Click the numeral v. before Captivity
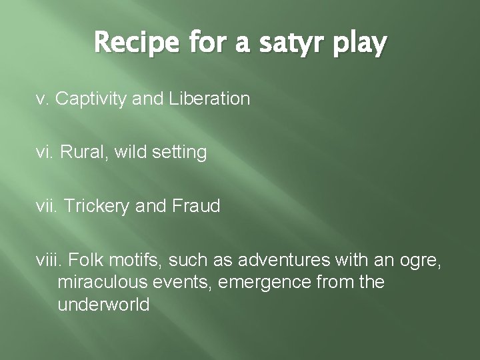pyautogui.click(x=42, y=100)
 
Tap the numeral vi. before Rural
pyautogui.click(x=45, y=153)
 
